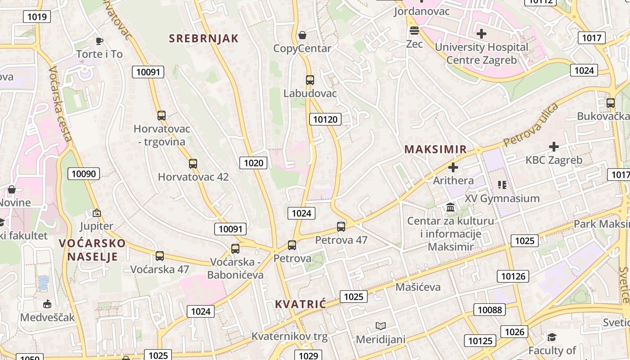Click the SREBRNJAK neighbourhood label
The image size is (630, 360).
[x=203, y=38]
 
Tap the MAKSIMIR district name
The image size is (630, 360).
[x=435, y=149]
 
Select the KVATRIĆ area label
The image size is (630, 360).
[x=300, y=304]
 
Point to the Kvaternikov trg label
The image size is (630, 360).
[x=289, y=336]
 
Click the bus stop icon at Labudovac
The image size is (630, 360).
[x=310, y=80]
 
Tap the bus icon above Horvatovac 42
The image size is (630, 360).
[x=193, y=164]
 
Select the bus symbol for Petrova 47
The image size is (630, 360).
[x=341, y=226]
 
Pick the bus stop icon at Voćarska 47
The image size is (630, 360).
[x=160, y=256]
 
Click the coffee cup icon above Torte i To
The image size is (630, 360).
[x=99, y=41]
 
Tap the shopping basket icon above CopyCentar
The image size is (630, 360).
[x=302, y=35]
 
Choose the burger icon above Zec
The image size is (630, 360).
[x=414, y=31]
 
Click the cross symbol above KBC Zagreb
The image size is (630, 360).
[x=554, y=147]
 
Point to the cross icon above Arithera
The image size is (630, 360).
[x=453, y=167]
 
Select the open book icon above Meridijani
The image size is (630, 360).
[x=381, y=326]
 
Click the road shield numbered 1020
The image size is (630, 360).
[x=253, y=163]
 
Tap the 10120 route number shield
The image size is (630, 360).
[x=325, y=119]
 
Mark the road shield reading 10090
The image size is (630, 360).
[x=84, y=174]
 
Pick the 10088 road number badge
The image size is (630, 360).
[x=490, y=310]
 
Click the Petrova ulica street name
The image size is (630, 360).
[x=531, y=125]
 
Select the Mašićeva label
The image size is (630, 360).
[x=418, y=287]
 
